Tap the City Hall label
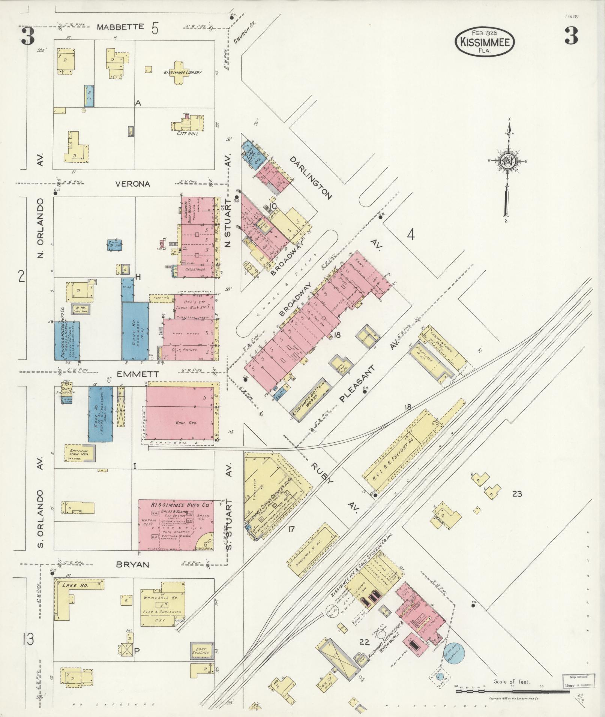point(188,133)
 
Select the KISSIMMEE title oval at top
point(485,42)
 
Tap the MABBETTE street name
point(120,27)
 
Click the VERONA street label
point(132,184)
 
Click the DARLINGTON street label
point(311,178)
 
